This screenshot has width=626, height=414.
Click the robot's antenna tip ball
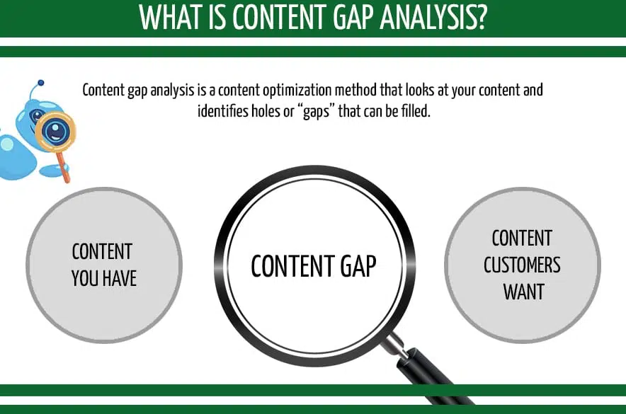coord(41,83)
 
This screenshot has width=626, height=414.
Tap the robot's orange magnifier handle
coord(64,169)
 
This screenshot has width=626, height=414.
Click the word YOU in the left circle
coord(85,278)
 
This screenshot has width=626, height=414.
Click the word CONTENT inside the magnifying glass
coord(287,266)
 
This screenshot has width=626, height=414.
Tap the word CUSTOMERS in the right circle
coord(523,265)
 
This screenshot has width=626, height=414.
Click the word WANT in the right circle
coord(523,291)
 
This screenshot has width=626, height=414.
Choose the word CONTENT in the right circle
coord(523,238)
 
